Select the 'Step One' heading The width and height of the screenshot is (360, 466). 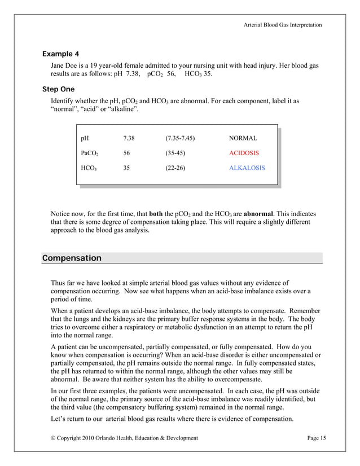[59, 89]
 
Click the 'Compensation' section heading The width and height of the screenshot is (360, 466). [72, 258]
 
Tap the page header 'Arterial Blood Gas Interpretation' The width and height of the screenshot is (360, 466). [283, 25]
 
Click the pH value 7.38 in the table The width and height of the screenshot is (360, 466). [129, 138]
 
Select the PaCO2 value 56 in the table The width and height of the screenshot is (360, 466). [126, 153]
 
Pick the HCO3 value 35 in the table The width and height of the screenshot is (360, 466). [126, 168]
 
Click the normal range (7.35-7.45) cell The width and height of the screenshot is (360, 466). [180, 138]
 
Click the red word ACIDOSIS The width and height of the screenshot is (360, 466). [244, 153]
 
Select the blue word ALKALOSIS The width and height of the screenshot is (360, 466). [247, 168]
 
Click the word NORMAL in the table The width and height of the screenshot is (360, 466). [243, 138]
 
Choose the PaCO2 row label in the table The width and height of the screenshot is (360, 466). [89, 153]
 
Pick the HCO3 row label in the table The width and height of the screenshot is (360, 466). [89, 169]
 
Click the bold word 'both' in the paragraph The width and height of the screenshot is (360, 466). [156, 214]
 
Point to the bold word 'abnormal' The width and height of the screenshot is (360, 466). [259, 214]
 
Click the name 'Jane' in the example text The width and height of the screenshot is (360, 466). [59, 66]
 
